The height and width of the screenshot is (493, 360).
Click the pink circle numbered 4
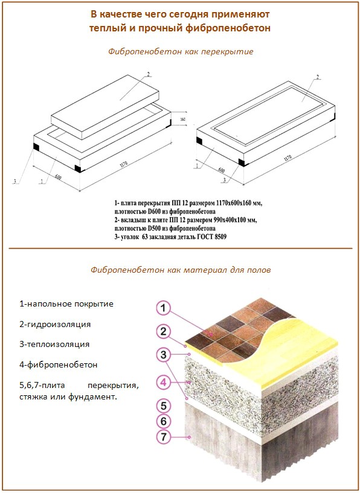(162, 381)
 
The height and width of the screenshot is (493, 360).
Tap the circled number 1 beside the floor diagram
(162, 308)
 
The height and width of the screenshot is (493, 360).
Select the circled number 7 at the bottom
(162, 437)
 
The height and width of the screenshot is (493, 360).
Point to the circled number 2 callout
(162, 331)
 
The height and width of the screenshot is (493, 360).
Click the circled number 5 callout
(162, 405)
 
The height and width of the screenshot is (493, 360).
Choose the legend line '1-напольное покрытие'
(66, 304)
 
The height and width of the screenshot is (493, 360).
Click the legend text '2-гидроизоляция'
(55, 324)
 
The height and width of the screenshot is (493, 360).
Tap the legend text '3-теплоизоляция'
(54, 344)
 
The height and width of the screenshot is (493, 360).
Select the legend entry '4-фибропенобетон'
(58, 364)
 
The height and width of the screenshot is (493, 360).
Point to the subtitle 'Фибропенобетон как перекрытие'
(180, 51)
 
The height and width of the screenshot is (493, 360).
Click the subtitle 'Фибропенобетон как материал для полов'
(180, 270)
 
